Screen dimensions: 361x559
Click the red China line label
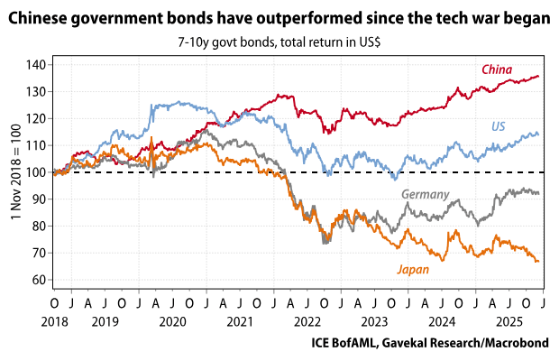497,69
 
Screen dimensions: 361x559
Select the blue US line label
498,126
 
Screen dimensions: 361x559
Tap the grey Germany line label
424,194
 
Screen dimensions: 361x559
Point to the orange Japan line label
412,268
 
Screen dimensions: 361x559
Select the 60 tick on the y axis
38,280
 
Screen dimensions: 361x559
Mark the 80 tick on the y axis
38,227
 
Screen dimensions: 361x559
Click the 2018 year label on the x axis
54,320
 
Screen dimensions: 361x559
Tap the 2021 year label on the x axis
238,320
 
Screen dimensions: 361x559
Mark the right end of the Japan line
538,262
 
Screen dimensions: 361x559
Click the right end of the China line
539,76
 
